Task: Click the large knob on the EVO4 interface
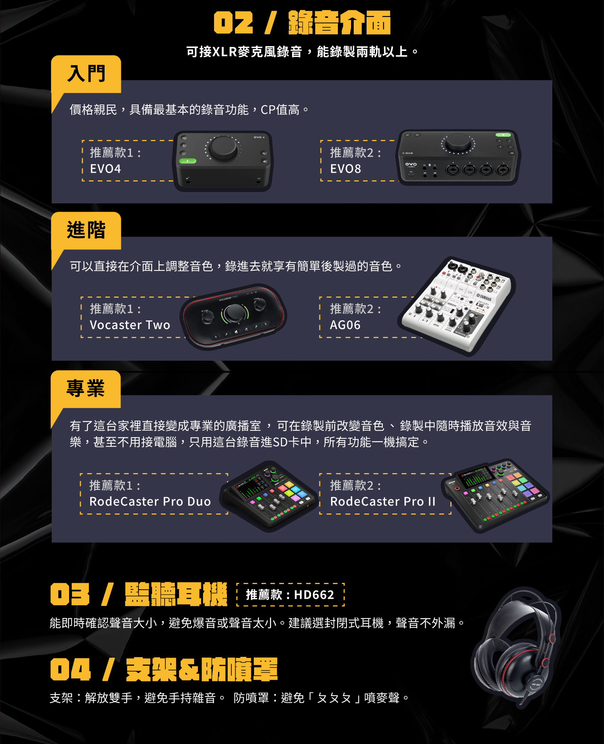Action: coord(223,148)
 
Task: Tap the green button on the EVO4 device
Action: coord(188,161)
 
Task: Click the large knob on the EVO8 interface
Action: coord(458,142)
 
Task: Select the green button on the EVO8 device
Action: coord(503,135)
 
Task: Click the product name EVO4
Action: coord(105,169)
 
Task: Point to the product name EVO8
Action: coord(345,169)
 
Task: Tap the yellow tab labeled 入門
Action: coord(86,74)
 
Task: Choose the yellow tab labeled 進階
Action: coord(86,231)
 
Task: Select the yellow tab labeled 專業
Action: coord(86,389)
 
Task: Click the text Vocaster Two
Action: coord(130,325)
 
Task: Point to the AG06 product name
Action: coord(345,325)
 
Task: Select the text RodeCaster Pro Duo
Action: coord(150,501)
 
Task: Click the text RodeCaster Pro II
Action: coord(383,501)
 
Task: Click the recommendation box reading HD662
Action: coord(290,595)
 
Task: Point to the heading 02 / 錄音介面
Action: coord(302,23)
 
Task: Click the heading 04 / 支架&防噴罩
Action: coord(164,669)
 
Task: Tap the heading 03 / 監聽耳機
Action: coord(139,594)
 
